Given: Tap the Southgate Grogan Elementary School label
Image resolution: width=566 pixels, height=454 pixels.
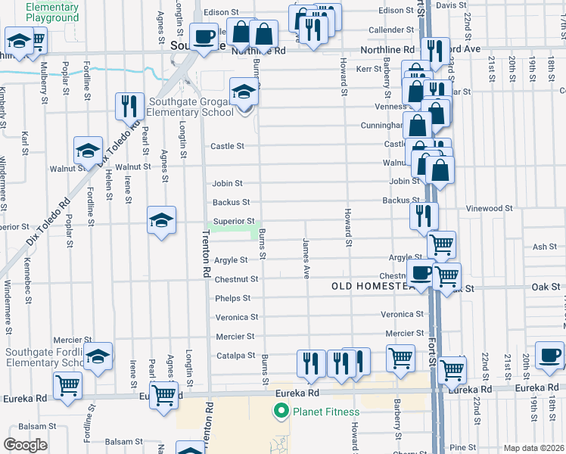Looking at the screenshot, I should point(191,107).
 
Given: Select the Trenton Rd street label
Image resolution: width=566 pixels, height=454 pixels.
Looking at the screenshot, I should point(205,254).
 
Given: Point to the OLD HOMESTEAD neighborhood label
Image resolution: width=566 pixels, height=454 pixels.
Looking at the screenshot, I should point(372,287).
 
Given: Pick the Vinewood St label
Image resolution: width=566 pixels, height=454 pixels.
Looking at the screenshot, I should point(490,208).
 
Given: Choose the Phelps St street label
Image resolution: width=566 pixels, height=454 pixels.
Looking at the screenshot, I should point(232,298).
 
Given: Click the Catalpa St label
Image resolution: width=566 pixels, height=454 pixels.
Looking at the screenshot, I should point(236,355).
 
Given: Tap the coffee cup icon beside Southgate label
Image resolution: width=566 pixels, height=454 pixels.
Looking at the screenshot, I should point(203,36).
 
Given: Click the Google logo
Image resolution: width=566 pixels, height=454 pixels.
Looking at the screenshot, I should point(25,445).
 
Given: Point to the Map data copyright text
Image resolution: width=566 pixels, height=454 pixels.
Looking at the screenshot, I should point(533,448).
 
